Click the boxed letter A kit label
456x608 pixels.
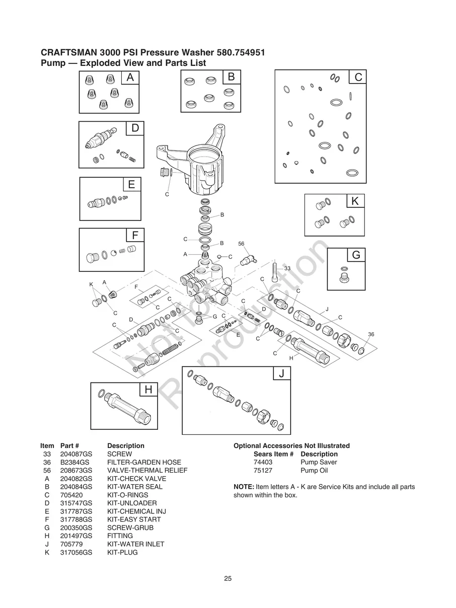[x=130, y=78]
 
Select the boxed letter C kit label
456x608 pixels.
[x=358, y=77]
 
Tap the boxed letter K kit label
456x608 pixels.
[x=355, y=201]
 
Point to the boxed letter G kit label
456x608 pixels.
[x=356, y=255]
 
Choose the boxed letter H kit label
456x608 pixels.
[x=148, y=390]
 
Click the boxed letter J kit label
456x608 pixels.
[x=281, y=373]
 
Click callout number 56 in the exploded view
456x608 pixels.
[x=241, y=244]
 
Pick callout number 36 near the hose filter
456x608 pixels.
[x=371, y=334]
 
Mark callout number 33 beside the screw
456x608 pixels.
[x=287, y=269]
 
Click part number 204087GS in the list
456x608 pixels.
[x=77, y=454]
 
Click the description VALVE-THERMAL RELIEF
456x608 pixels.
[x=147, y=471]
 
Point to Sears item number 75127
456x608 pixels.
[x=263, y=471]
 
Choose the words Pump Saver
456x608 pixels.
[x=319, y=462]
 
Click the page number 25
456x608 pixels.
[x=228, y=579]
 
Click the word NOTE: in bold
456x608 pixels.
[x=244, y=487]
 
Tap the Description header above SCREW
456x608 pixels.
[x=125, y=446]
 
